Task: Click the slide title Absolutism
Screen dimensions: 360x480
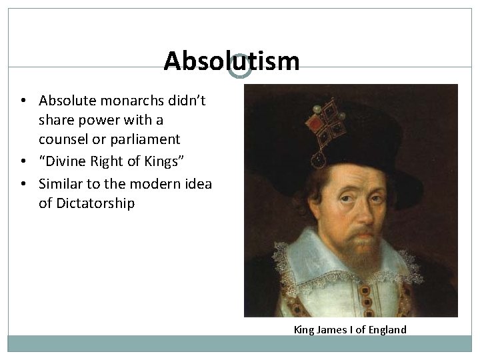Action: [231, 61]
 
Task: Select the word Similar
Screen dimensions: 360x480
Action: [61, 184]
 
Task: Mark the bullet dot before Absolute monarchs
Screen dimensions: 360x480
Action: [23, 101]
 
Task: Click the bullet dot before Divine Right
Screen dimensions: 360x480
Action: [23, 161]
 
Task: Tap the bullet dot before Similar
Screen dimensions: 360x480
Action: [23, 185]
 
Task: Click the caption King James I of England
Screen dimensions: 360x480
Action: [350, 329]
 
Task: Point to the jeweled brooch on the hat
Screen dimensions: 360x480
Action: [323, 127]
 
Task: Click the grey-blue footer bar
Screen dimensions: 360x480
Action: [240, 343]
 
